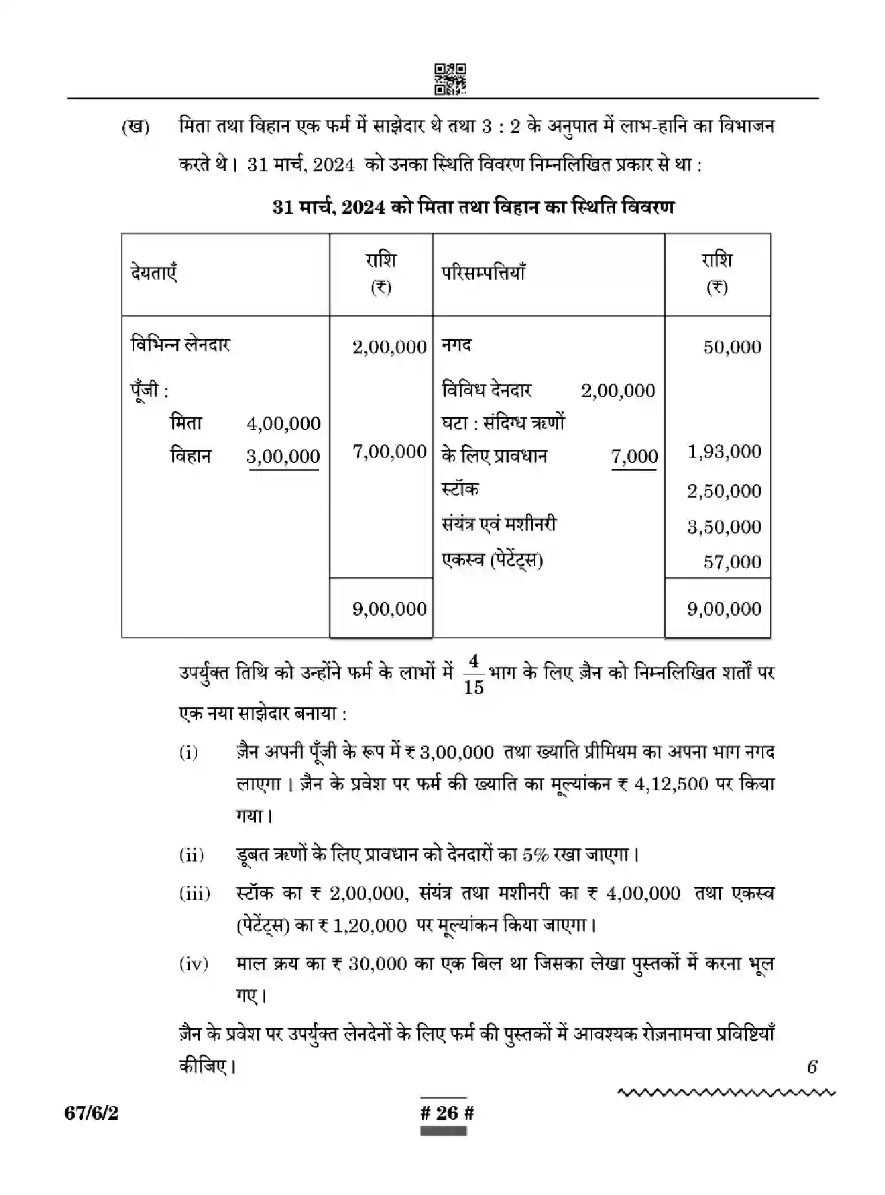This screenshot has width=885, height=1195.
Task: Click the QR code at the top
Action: [450, 79]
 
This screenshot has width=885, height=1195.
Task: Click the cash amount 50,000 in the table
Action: [732, 347]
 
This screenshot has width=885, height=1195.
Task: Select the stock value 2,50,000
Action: [724, 491]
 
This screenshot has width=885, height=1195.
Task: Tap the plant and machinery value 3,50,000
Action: [724, 527]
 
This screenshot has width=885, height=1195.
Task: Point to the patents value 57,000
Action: [732, 562]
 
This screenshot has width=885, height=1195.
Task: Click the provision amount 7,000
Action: [634, 456]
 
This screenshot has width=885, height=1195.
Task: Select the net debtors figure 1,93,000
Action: [724, 452]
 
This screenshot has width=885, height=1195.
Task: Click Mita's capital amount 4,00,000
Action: [283, 424]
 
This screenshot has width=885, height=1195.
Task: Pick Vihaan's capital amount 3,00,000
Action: [283, 456]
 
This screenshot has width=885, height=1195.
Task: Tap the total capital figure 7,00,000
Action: [389, 452]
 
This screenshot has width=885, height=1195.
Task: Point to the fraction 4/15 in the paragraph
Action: [473, 675]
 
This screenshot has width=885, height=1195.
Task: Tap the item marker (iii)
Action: [195, 894]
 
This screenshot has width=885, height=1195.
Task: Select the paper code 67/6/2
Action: [91, 1113]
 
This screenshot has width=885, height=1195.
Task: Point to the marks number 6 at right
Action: [812, 1067]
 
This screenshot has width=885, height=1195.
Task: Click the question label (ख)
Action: [136, 127]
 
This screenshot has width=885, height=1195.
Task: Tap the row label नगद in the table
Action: [456, 345]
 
